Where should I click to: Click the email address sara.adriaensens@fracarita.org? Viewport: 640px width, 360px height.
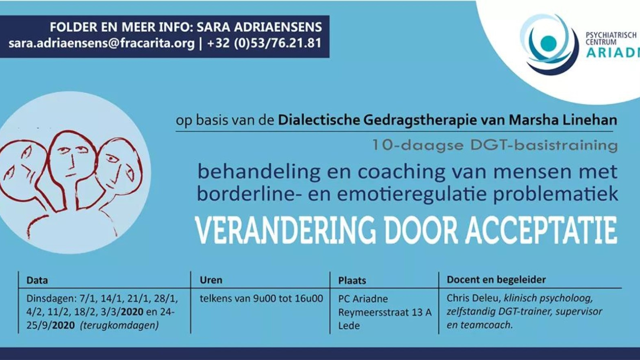coord(102,44)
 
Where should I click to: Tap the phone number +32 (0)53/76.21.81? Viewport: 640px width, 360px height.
coord(264,44)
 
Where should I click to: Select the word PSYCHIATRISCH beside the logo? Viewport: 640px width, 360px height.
coord(611,35)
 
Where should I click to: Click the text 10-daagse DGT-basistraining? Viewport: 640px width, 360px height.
coord(495,146)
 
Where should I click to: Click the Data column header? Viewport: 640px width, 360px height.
coord(37,280)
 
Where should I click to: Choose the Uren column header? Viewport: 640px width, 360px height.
coord(211,280)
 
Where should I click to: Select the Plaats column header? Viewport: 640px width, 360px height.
coord(352,280)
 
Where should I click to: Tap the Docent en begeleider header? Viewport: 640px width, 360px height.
coord(496,280)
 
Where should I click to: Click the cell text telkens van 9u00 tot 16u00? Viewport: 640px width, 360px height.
coord(261,298)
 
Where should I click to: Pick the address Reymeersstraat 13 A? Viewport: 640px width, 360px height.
coord(384,312)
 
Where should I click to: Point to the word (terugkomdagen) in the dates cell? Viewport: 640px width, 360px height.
coord(119,326)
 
